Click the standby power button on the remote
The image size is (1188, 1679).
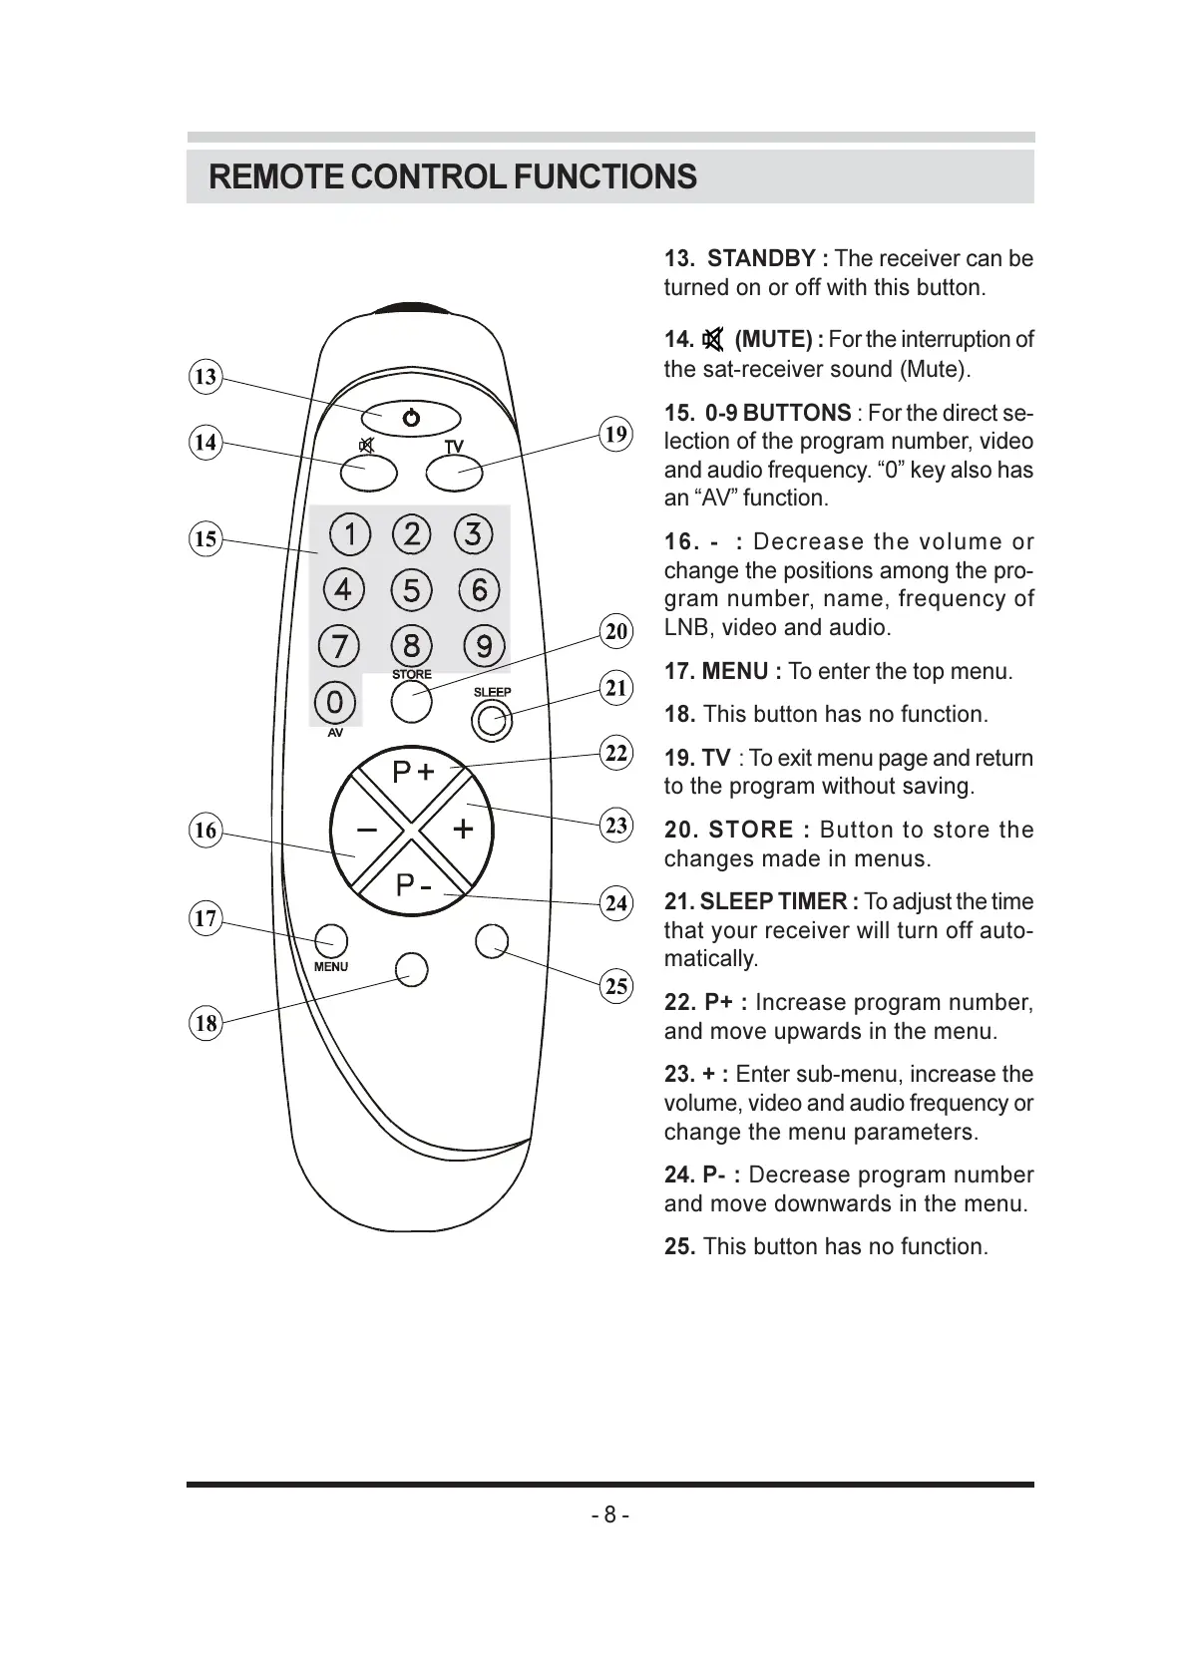point(411,418)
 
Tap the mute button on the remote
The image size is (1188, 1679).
point(368,474)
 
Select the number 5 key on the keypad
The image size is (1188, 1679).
point(412,590)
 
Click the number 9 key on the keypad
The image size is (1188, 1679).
point(484,646)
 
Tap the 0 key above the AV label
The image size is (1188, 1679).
point(335,702)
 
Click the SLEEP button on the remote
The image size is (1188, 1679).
point(492,720)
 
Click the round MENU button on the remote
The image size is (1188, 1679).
point(331,940)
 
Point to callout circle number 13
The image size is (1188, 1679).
point(205,377)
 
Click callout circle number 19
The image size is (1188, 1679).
point(616,434)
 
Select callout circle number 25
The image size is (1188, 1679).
point(616,987)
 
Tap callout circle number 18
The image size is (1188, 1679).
point(205,1023)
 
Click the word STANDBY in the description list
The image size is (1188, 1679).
point(761,258)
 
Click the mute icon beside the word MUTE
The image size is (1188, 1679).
point(713,340)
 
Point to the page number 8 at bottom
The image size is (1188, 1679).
point(609,1515)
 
